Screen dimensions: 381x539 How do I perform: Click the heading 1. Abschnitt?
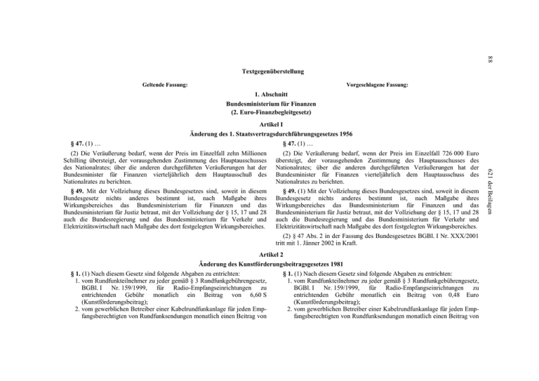pyautogui.click(x=270, y=94)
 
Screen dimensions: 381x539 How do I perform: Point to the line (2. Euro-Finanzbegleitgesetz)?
pyautogui.click(x=269, y=112)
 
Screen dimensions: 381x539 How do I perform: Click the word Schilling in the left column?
pyautogui.click(x=75, y=159)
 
